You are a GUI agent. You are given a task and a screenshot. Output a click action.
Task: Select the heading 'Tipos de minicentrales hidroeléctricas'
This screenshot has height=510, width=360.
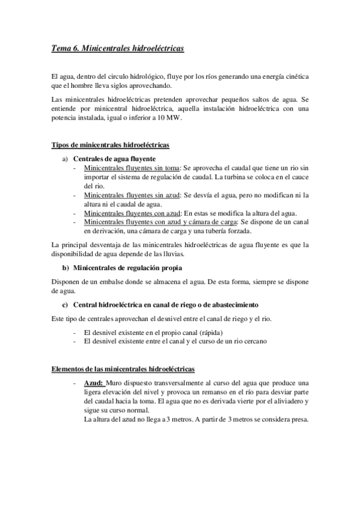tap(111, 146)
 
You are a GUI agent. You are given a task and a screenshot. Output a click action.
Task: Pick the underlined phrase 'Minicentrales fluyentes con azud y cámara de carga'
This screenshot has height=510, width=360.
tap(160, 222)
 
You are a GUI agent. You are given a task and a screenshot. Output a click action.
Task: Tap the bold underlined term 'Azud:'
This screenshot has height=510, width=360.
tap(94, 383)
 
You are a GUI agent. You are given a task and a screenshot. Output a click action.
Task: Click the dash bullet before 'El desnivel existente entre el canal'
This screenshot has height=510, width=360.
tap(74, 342)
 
